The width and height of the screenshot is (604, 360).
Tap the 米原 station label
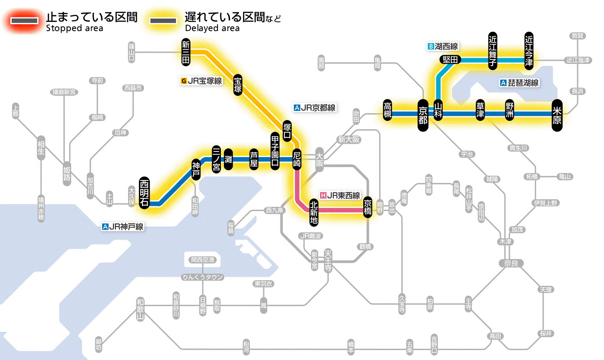pos(557,114)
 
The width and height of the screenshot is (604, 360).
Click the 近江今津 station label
pos(529,51)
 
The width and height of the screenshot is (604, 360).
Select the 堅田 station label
pos(450,60)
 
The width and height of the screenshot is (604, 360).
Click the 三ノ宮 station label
pos(216,159)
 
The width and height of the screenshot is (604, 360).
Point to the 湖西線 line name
pos(443,46)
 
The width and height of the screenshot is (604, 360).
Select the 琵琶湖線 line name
pos(520,83)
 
